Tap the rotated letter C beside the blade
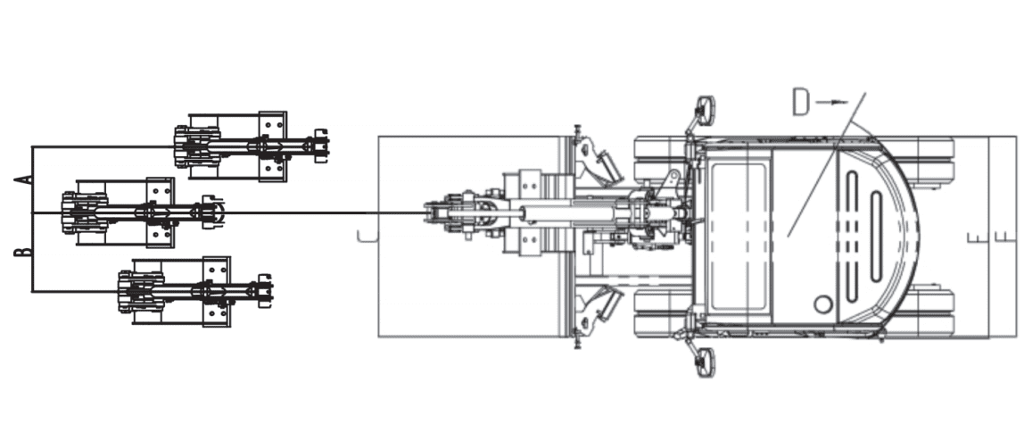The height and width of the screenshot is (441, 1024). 367,236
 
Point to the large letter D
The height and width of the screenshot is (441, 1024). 801,104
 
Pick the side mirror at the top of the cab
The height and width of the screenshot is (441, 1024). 706,111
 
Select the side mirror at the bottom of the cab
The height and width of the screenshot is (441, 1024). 706,362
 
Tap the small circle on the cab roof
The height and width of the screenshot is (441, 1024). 823,304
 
